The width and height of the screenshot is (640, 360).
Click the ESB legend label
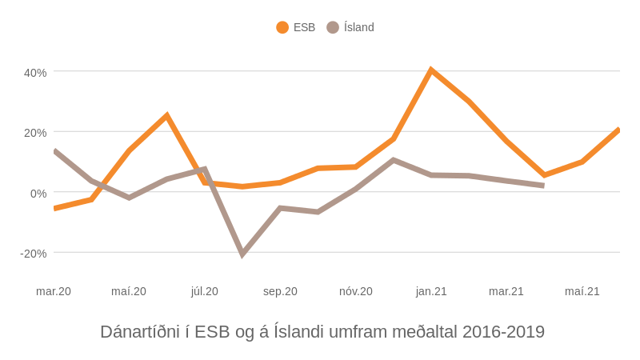(x=304, y=27)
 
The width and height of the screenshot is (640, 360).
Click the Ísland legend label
(x=358, y=27)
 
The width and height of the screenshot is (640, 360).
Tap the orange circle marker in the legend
(x=282, y=27)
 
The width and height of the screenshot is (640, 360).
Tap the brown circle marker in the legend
(x=333, y=27)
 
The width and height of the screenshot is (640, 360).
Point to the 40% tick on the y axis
(x=35, y=73)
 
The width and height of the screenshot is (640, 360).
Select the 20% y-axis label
(x=35, y=133)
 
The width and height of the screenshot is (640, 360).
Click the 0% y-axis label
(x=38, y=194)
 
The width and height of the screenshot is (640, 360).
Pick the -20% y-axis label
(x=34, y=254)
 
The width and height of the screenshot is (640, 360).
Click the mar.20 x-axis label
(x=54, y=291)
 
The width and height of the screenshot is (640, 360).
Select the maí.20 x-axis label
(x=129, y=291)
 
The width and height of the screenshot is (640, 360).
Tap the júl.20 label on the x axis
(x=205, y=291)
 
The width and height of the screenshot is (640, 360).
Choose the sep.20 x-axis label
(x=280, y=291)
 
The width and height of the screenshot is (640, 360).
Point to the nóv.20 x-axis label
(x=356, y=291)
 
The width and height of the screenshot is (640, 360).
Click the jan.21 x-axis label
(x=431, y=291)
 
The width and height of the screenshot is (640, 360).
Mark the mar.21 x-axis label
(x=506, y=291)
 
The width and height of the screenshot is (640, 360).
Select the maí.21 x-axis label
(x=582, y=291)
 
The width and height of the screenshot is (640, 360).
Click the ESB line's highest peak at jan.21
(x=431, y=70)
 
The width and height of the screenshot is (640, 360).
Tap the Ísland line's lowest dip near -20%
(x=242, y=254)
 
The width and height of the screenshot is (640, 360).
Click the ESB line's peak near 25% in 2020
(x=166, y=116)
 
